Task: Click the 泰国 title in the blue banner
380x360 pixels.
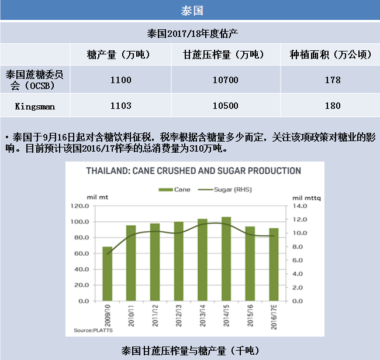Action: coord(192,11)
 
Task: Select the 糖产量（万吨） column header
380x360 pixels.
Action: coord(119,54)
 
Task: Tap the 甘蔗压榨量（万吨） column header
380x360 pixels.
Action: coord(223,54)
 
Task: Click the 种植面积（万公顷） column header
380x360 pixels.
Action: coord(330,54)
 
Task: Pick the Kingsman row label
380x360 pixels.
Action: coord(35,107)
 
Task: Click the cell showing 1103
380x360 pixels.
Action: coord(120,106)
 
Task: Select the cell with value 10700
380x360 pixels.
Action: coord(226,80)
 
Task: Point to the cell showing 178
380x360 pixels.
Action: coord(333,80)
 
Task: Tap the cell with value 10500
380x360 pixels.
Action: coord(226,106)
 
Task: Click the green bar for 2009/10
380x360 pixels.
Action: coord(108,274)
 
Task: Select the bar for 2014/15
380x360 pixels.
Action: coord(226,259)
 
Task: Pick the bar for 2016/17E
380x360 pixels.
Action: coord(274,265)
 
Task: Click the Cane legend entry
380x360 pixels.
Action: coord(174,190)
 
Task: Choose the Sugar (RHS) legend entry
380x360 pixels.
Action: coord(225,190)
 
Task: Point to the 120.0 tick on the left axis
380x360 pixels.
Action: coord(80,206)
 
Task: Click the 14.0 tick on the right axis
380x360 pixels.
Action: coord(300,206)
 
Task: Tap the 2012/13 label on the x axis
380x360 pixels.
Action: coord(179,316)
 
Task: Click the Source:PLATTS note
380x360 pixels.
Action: coord(94,330)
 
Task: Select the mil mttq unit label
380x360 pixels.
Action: coord(306,198)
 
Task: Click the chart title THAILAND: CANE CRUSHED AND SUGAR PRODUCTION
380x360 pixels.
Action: coord(194,171)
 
